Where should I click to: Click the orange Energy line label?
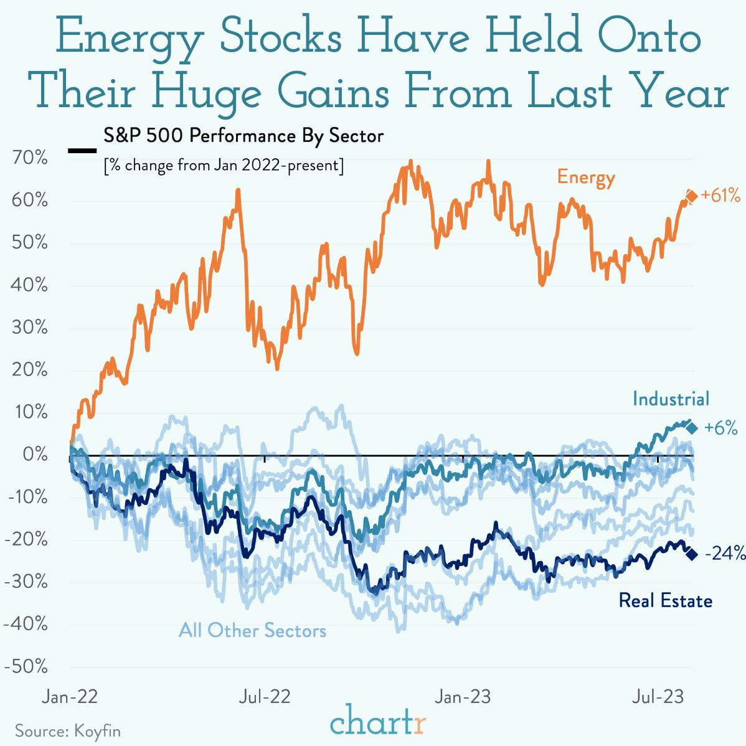click(585, 177)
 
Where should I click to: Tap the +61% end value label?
click(720, 196)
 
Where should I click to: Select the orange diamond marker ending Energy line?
click(691, 197)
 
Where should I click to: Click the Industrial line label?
click(671, 399)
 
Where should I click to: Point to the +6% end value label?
click(720, 428)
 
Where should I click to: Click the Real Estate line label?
click(665, 601)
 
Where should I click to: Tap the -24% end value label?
click(724, 553)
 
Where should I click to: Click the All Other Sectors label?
click(252, 630)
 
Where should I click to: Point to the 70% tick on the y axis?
click(30, 158)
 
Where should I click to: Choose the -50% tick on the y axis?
click(26, 666)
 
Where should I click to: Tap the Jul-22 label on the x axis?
click(265, 696)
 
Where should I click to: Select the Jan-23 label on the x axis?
click(463, 696)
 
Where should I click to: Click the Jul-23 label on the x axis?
click(658, 696)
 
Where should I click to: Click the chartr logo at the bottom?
click(378, 722)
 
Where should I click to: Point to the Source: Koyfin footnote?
click(68, 730)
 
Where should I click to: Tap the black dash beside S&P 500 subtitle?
click(82, 151)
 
